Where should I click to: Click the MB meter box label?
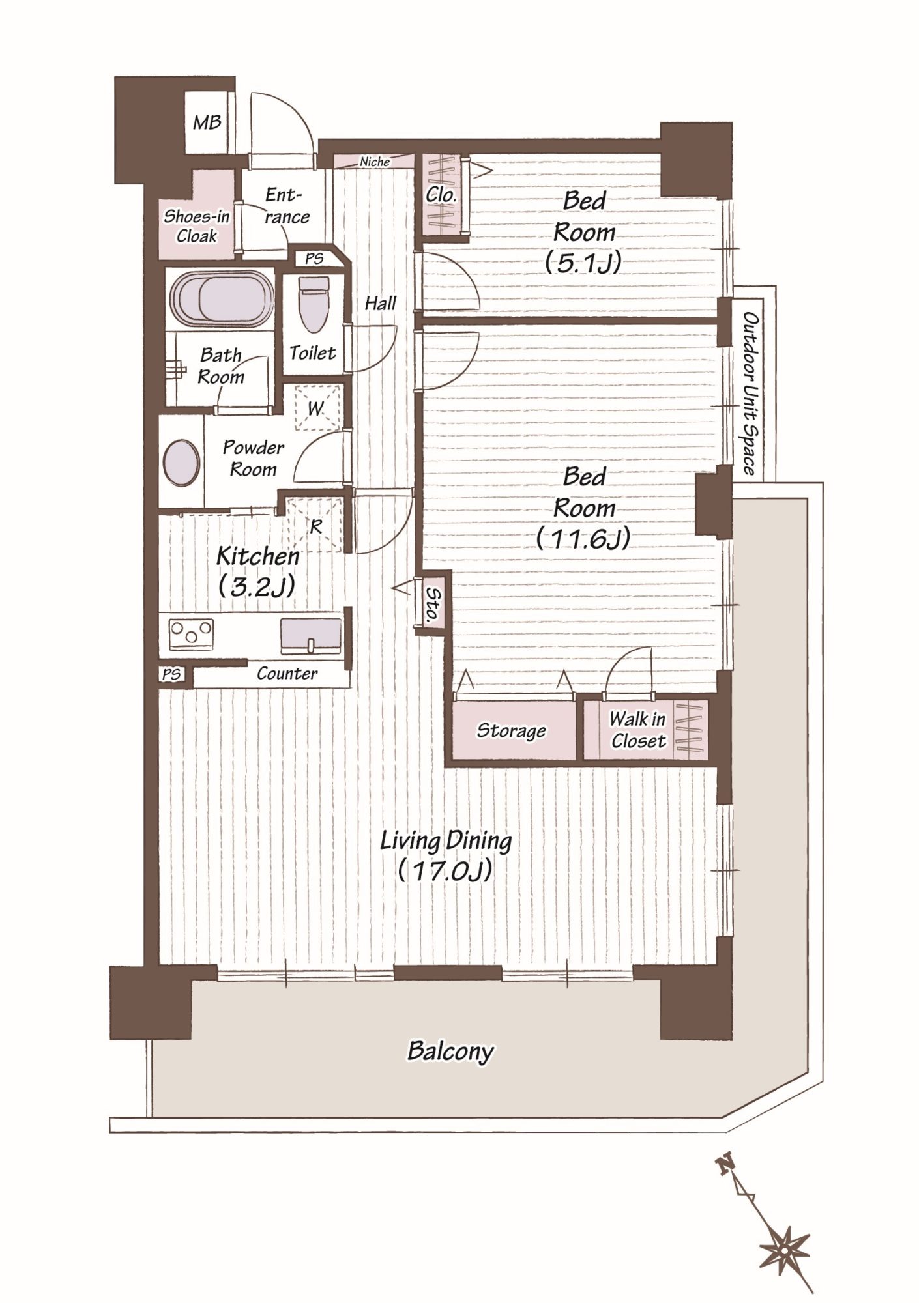(x=207, y=122)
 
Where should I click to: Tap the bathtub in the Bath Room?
(x=221, y=298)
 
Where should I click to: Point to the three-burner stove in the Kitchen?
(x=191, y=633)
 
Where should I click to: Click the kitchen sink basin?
(x=311, y=635)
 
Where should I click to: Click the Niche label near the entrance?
(x=375, y=162)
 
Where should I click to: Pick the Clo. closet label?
(x=441, y=194)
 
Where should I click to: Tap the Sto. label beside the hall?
(x=432, y=606)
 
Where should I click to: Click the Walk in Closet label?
(x=638, y=730)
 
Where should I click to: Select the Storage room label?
(x=511, y=730)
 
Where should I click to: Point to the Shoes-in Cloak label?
(x=196, y=226)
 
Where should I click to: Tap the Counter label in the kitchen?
(x=287, y=673)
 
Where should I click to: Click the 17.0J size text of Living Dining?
(x=446, y=871)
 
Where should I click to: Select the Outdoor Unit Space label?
(x=750, y=394)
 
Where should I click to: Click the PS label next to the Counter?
(x=171, y=674)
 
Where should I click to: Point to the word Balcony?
(x=450, y=1052)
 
